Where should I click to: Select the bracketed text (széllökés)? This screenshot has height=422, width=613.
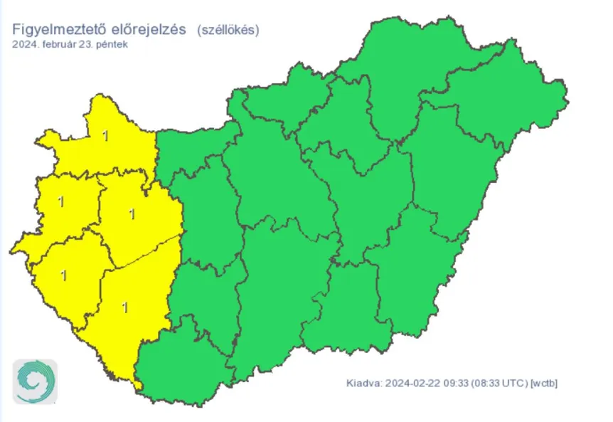pos(228,30)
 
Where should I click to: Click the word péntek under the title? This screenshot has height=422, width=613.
pos(112,44)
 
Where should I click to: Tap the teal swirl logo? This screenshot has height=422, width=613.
pos(35,382)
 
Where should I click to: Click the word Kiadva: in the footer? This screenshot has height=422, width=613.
pos(364,384)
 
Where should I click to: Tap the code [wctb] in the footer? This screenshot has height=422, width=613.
pos(545,384)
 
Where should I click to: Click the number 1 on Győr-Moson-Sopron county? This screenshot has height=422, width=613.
pos(106,135)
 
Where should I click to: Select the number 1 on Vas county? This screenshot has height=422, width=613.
pos(60,203)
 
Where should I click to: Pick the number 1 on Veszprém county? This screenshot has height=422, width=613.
pos(131,212)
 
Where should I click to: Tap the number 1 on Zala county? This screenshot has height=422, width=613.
pos(65,274)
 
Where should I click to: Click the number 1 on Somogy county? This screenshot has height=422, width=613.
pos(126,307)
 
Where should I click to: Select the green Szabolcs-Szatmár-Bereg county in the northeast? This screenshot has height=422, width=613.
pos(498,100)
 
